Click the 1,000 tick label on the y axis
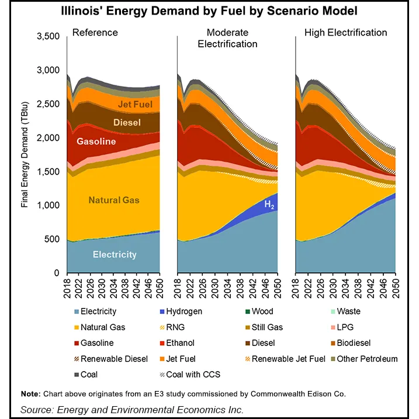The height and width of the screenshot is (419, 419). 50,206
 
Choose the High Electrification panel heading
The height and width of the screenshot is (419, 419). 344,32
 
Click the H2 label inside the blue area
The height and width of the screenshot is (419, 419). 269,204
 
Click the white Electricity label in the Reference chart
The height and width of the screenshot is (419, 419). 115,254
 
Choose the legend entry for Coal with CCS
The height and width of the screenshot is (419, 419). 193,375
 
